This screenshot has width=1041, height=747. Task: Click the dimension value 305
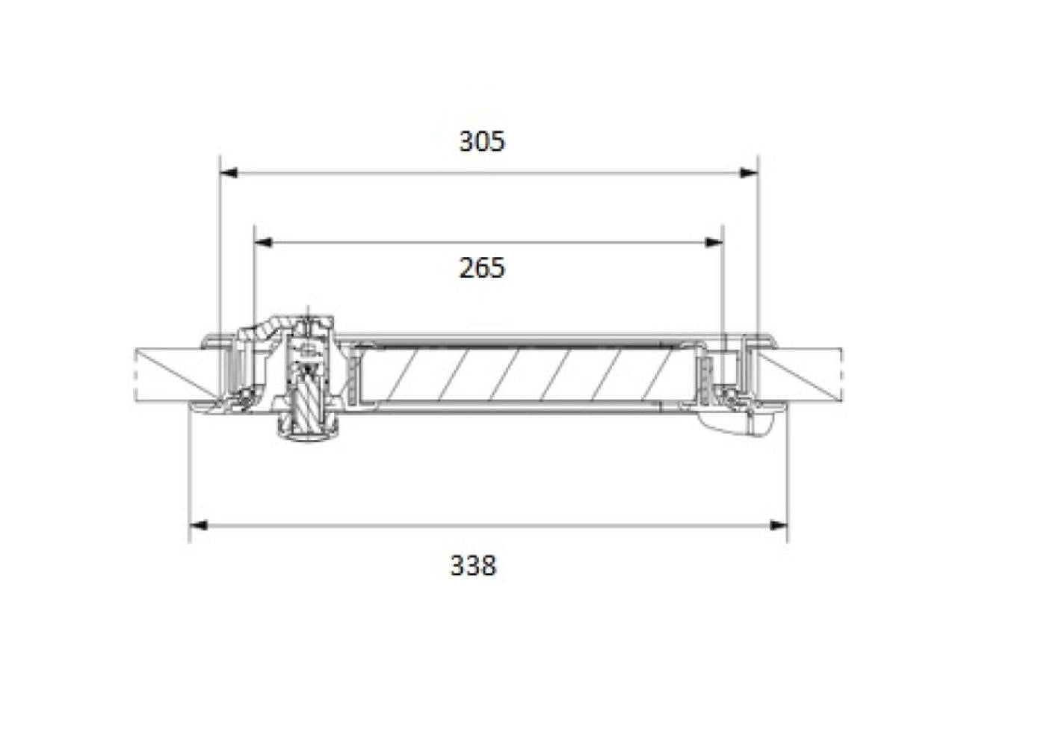pyautogui.click(x=482, y=141)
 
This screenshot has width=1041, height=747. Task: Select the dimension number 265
pyautogui.click(x=481, y=268)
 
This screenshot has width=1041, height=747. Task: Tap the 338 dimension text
pyautogui.click(x=474, y=565)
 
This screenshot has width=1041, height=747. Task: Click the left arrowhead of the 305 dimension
pyautogui.click(x=229, y=173)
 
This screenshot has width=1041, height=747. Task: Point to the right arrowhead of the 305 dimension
pyautogui.click(x=749, y=173)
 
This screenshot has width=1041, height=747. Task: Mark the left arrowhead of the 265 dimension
pyautogui.click(x=264, y=243)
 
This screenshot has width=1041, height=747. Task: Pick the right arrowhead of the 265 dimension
pyautogui.click(x=714, y=243)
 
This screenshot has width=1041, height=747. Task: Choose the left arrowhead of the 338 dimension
pyautogui.click(x=198, y=525)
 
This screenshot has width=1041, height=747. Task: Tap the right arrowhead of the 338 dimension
pyautogui.click(x=779, y=525)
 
